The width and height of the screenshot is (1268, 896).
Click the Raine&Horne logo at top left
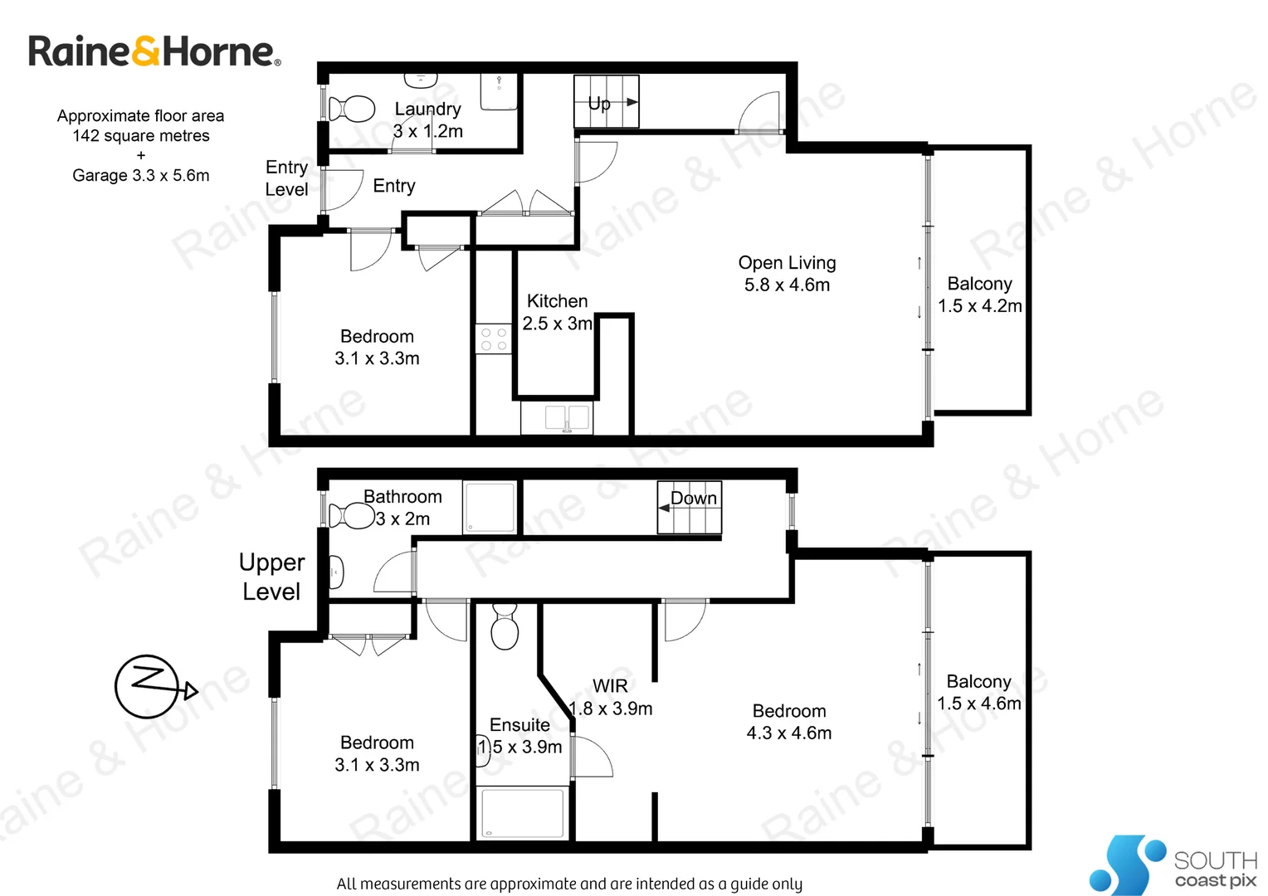click(154, 51)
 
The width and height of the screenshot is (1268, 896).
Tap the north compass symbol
click(148, 686)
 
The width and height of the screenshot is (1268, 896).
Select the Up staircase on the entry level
click(607, 101)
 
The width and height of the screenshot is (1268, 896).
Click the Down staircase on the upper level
click(690, 507)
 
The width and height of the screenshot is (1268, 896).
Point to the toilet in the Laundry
click(353, 109)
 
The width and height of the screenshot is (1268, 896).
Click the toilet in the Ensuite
click(505, 628)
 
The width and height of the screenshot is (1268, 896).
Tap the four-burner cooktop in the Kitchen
click(494, 338)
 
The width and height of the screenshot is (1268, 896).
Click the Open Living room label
click(787, 263)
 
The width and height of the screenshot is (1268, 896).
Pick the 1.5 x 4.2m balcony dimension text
click(980, 306)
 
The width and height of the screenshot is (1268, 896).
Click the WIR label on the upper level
click(610, 686)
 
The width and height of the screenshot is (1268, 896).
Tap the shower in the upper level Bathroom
click(490, 507)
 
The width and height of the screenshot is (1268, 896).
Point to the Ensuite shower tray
click(523, 813)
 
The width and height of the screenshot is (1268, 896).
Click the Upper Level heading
click(271, 577)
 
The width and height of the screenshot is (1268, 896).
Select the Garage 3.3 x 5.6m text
click(141, 175)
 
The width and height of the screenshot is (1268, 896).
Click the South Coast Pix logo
click(1173, 865)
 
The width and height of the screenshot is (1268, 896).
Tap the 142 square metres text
click(141, 136)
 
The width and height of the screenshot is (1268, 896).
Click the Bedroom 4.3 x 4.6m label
click(789, 722)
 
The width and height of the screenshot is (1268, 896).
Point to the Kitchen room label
click(557, 301)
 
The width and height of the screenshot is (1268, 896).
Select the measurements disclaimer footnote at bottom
click(569, 884)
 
